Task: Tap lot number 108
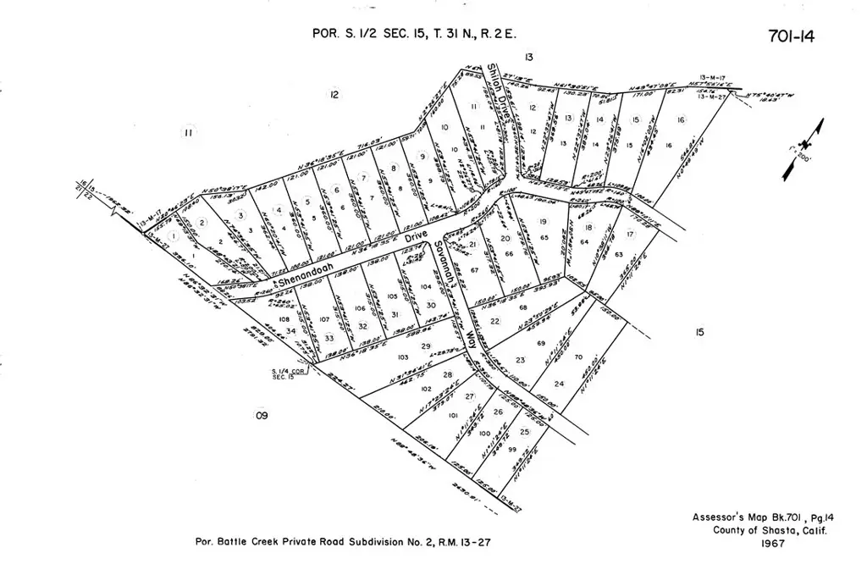click(282, 321)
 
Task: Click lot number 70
click(578, 357)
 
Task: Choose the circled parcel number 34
click(291, 331)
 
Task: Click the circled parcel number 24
click(559, 384)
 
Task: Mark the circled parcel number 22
click(494, 321)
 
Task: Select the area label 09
click(261, 415)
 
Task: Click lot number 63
click(619, 254)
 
